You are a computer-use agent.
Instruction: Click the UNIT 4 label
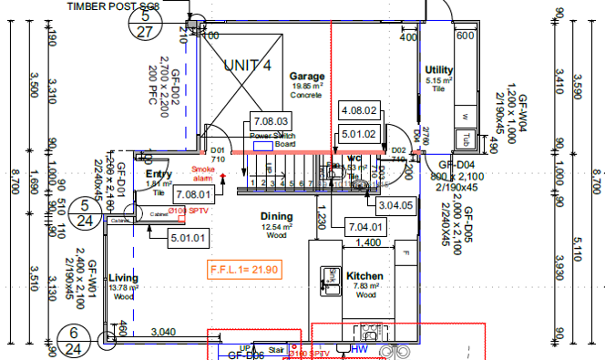pyautogui.click(x=248, y=66)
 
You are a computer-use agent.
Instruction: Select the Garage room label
pyautogui.click(x=307, y=77)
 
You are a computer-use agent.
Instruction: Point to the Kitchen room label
pyautogui.click(x=364, y=276)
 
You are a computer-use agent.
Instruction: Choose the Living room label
pyautogui.click(x=123, y=278)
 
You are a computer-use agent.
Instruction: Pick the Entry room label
pyautogui.click(x=159, y=174)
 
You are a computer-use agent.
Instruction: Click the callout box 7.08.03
pyautogui.click(x=271, y=121)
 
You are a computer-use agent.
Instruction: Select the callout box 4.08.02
pyautogui.click(x=359, y=109)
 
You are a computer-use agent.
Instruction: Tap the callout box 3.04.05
pyautogui.click(x=395, y=206)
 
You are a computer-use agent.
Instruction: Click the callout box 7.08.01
pyautogui.click(x=194, y=194)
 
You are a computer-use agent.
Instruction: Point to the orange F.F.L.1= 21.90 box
pyautogui.click(x=241, y=270)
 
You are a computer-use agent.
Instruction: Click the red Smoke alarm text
pyautogui.click(x=203, y=173)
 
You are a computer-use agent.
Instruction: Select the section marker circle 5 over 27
pyautogui.click(x=146, y=22)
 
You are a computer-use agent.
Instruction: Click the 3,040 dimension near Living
pyautogui.click(x=163, y=331)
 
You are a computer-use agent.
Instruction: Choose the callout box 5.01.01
pyautogui.click(x=190, y=239)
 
